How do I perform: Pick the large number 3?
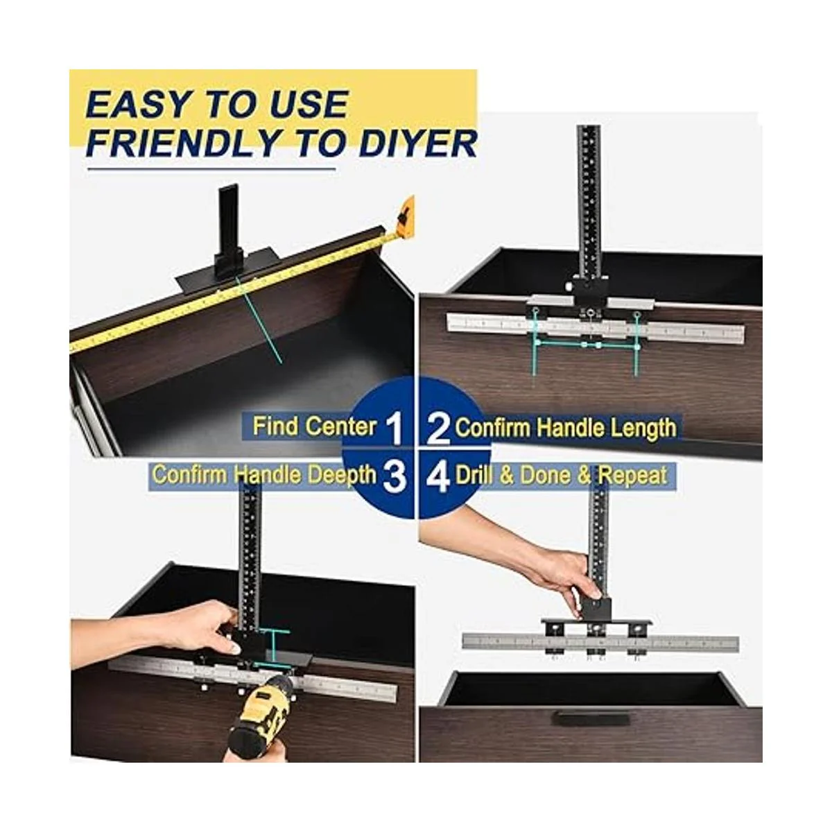click(x=395, y=476)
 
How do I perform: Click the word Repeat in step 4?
click(x=632, y=476)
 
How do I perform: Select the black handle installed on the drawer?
click(x=591, y=718)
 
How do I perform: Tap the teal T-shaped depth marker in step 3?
click(x=274, y=652)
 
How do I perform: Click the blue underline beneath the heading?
click(x=211, y=170)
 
